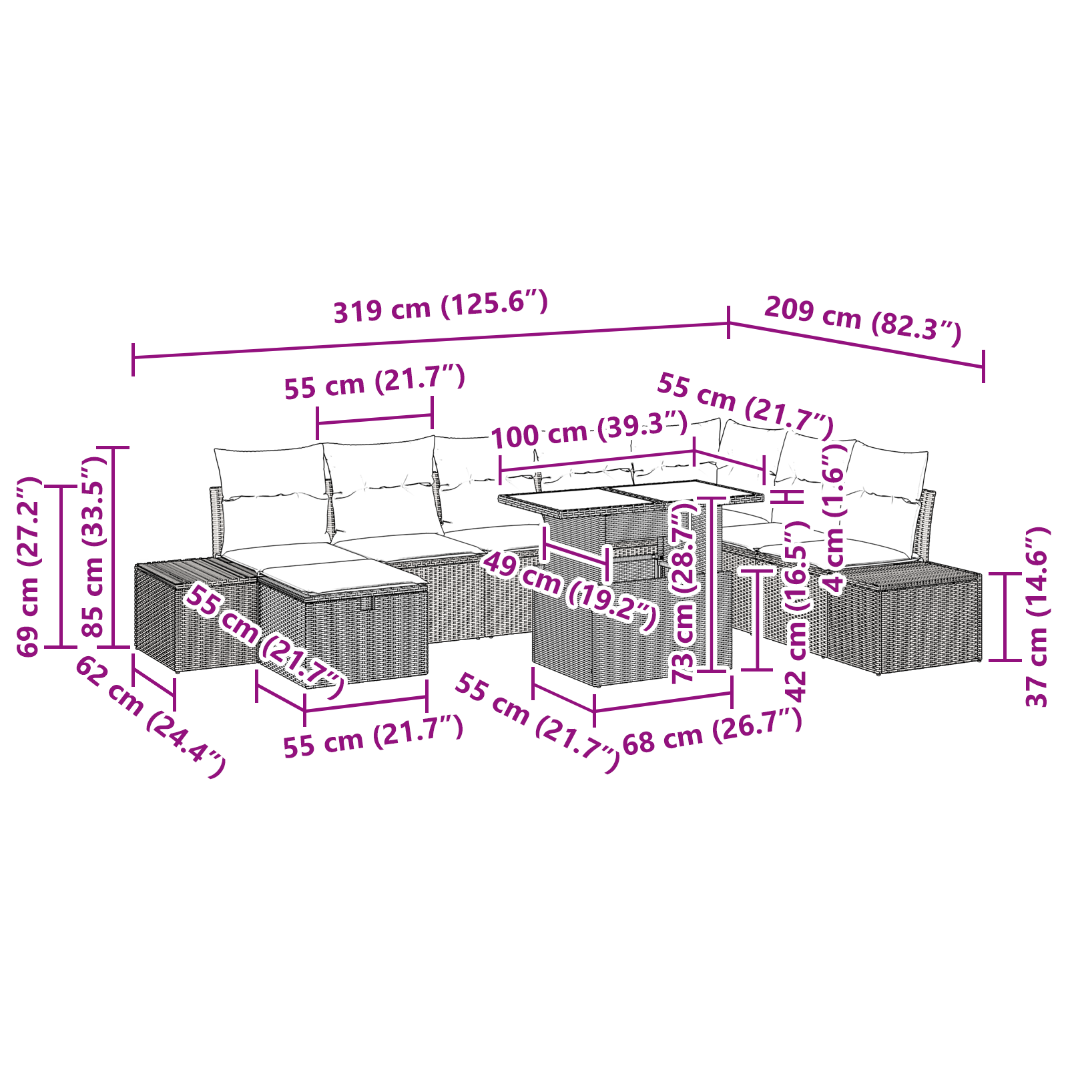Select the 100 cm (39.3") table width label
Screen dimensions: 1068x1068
point(589,429)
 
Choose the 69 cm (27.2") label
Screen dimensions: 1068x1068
point(29,567)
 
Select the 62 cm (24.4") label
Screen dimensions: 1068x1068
point(150,718)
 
